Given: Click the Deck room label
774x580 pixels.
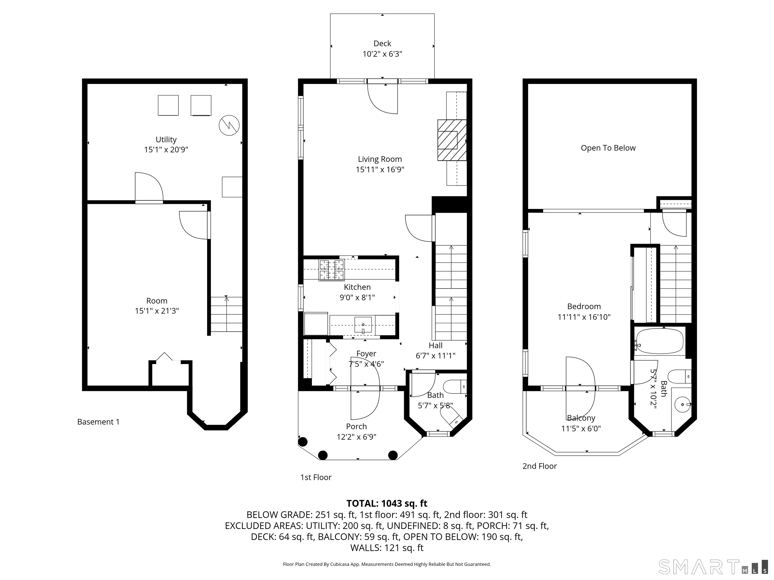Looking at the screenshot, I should pyautogui.click(x=382, y=43).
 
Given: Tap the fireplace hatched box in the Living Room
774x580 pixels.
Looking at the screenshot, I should pyautogui.click(x=452, y=140).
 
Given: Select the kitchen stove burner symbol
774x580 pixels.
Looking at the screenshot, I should pyautogui.click(x=331, y=270).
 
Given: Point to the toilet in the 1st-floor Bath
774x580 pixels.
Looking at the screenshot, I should pyautogui.click(x=455, y=387).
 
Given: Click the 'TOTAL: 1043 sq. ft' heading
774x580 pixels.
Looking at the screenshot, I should pyautogui.click(x=387, y=503).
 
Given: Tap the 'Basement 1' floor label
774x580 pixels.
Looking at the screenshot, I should pyautogui.click(x=98, y=422).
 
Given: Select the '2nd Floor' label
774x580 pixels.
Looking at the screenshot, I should pyautogui.click(x=539, y=466).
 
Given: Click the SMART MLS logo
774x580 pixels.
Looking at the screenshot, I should pyautogui.click(x=713, y=567).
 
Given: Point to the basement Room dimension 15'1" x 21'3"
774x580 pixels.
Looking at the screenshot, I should pyautogui.click(x=157, y=311).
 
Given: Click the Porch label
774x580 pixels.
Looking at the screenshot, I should pyautogui.click(x=356, y=426).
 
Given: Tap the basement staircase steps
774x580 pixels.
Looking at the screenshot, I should pyautogui.click(x=227, y=314).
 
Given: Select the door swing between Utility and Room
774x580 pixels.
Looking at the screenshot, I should pyautogui.click(x=149, y=187).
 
